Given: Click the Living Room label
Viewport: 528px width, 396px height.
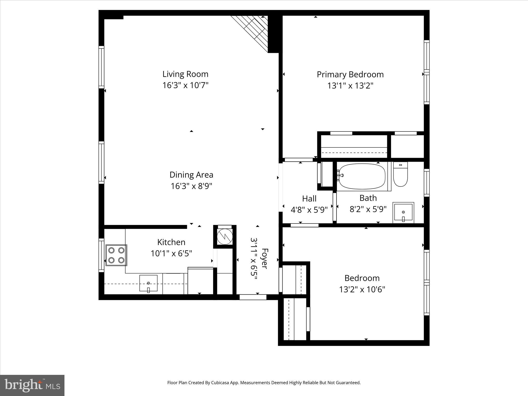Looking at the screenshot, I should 185,74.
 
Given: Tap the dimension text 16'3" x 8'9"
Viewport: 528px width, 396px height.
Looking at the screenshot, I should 191,186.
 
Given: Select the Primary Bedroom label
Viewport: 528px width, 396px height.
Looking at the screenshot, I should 350,75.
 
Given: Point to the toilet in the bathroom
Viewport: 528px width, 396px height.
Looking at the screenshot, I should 400,175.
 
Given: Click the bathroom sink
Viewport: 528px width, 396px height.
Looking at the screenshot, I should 403,213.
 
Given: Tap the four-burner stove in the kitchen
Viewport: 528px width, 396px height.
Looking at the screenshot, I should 116,255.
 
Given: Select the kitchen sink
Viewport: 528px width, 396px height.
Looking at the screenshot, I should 148,283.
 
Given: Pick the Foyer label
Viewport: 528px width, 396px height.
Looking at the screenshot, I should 265,259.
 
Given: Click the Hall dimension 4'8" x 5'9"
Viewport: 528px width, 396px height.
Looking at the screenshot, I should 309,210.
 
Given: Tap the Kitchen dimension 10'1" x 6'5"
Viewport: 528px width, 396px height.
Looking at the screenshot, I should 171,253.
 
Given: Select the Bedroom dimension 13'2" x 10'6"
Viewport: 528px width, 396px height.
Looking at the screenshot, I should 362,290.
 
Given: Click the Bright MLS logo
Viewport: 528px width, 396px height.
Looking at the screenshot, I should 32,385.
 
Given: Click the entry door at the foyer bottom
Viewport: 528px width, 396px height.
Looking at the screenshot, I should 253,297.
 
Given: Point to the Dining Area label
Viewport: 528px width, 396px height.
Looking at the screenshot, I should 191,175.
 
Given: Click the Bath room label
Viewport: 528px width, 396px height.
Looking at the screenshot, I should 368,198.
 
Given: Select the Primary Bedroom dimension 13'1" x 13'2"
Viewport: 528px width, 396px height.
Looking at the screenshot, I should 350,86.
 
